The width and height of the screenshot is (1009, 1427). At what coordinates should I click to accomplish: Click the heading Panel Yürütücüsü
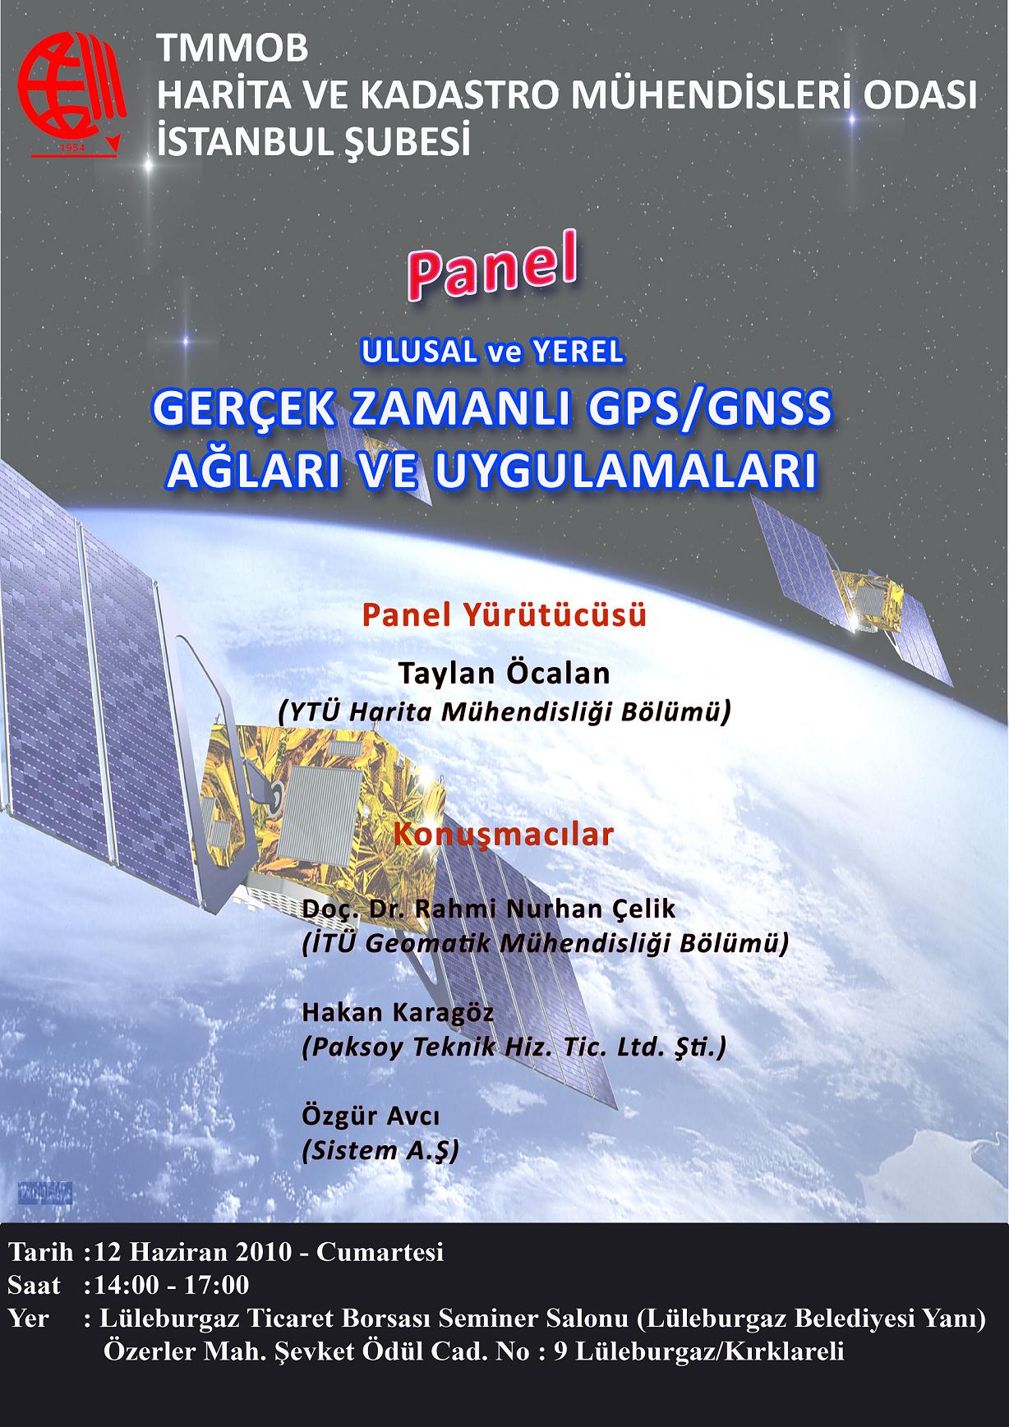click(504, 615)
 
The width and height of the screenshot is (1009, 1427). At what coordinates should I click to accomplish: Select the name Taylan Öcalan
click(504, 674)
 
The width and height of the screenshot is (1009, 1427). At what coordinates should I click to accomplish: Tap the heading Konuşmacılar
click(504, 835)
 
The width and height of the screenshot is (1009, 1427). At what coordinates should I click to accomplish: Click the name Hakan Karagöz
click(399, 1012)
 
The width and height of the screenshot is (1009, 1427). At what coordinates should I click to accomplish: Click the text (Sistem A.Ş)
click(380, 1150)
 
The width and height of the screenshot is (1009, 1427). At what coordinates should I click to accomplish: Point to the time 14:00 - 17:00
click(172, 1284)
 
